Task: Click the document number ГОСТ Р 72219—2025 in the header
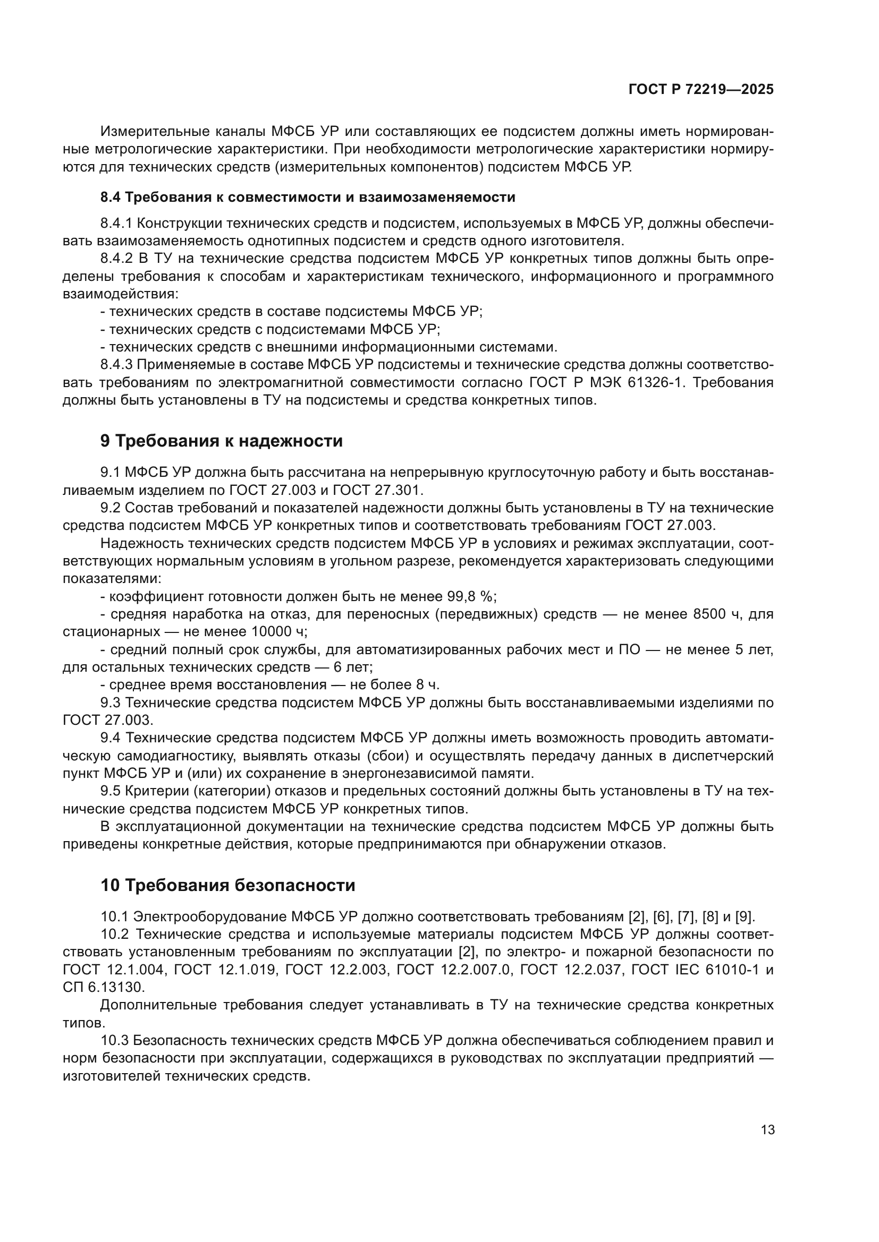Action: tap(701, 89)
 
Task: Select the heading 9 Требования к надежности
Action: tap(222, 440)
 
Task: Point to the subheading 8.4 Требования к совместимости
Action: tap(307, 197)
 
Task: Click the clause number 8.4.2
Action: tap(116, 259)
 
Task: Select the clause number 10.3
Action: tap(114, 1040)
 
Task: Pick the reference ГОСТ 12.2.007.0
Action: tap(453, 970)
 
